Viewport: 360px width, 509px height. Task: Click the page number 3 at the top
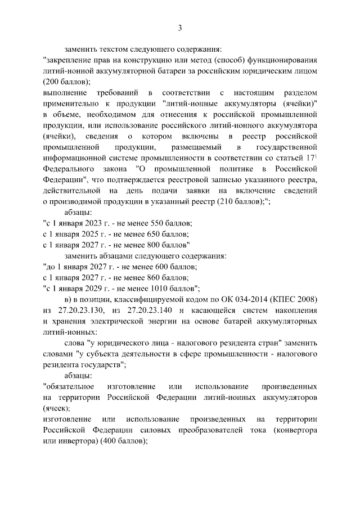pos(180,28)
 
